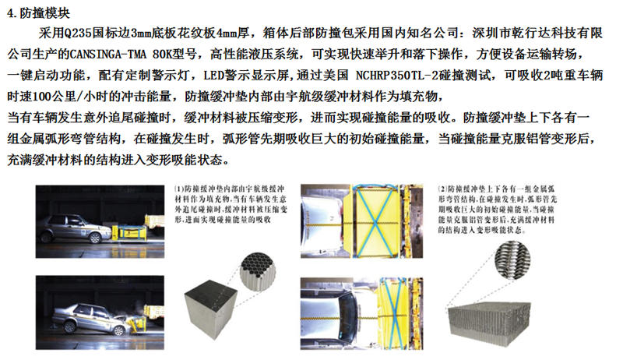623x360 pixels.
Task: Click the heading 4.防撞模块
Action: [38, 13]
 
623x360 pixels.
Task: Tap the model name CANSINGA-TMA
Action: [108, 54]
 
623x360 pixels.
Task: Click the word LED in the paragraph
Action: [213, 75]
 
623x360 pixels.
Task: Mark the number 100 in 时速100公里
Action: [42, 97]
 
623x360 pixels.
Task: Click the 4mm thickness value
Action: [227, 33]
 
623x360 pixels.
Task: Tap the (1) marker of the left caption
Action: [180, 189]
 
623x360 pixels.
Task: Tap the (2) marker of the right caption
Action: [443, 189]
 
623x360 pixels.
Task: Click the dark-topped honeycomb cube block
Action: [210, 309]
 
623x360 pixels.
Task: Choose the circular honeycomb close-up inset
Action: [258, 270]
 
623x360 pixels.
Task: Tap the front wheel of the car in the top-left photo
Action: [95, 238]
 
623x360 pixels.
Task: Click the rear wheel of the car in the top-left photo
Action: [47, 238]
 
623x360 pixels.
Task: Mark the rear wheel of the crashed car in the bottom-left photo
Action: [70, 326]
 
